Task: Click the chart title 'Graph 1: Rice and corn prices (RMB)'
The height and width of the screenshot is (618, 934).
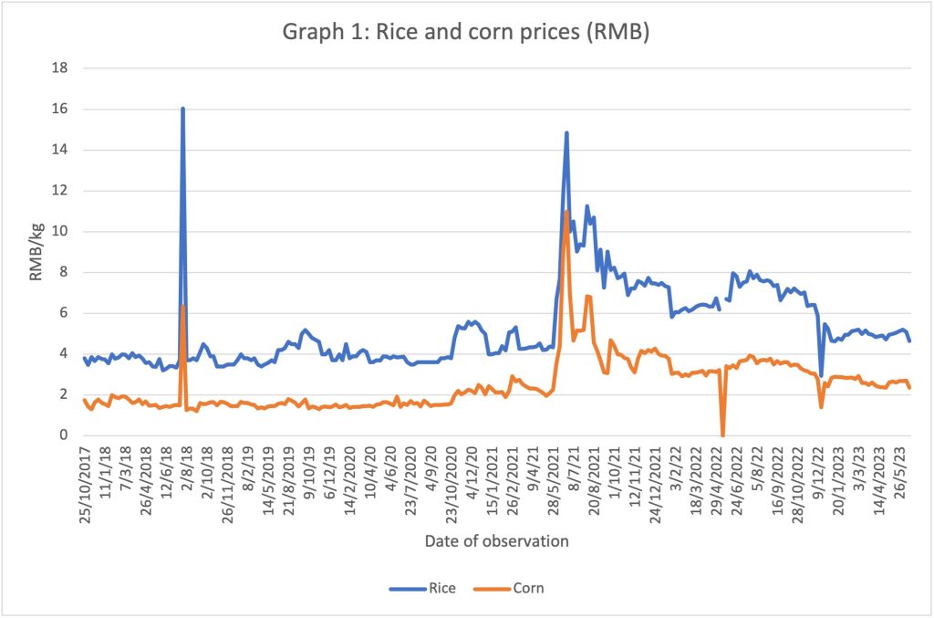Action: click(x=466, y=31)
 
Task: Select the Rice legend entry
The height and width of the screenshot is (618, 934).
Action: click(x=422, y=588)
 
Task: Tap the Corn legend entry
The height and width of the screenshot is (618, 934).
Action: click(x=509, y=588)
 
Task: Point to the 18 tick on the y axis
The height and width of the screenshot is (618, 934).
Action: click(x=59, y=68)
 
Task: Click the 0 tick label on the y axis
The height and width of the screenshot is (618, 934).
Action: click(x=64, y=435)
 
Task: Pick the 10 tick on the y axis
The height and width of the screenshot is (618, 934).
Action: click(x=59, y=231)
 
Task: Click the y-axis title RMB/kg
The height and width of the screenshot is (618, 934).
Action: click(x=36, y=252)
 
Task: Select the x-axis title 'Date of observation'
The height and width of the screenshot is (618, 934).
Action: click(x=497, y=541)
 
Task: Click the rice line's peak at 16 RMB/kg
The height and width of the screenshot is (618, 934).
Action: click(x=182, y=109)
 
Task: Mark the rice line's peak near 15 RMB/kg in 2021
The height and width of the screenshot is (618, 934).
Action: click(x=566, y=133)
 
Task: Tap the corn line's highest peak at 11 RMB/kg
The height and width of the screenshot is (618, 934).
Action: click(x=566, y=211)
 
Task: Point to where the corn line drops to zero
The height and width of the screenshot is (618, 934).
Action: click(x=722, y=435)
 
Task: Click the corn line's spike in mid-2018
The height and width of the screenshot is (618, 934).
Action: click(x=182, y=306)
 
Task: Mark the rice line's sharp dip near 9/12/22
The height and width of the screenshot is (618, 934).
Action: click(x=822, y=375)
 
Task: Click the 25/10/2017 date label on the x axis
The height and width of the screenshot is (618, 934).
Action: click(x=86, y=485)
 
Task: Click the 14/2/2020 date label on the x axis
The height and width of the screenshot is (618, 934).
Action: click(x=349, y=481)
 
